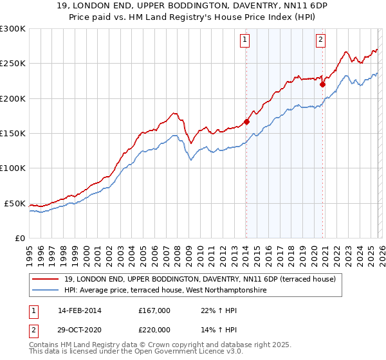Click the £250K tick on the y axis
[x=13, y=64]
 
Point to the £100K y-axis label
[x=13, y=168]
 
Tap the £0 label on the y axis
[x=19, y=238]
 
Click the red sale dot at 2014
[x=247, y=122]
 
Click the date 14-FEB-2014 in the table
[x=80, y=310]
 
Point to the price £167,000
[x=154, y=310]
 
